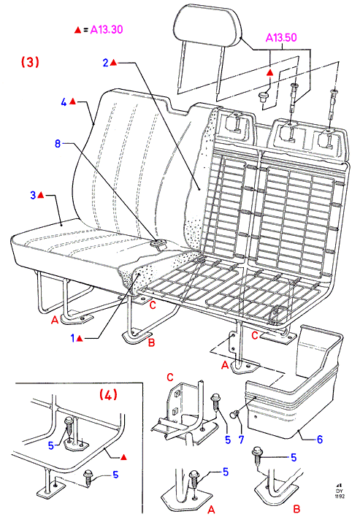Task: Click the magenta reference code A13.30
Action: (x=107, y=29)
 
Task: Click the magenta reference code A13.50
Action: (x=281, y=37)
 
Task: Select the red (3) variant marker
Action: (x=30, y=62)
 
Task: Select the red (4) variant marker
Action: (x=108, y=394)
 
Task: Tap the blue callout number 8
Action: (x=58, y=144)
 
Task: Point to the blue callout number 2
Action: (x=106, y=63)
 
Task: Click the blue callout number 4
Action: (x=64, y=102)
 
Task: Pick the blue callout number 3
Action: (x=33, y=195)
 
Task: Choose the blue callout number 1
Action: (x=73, y=338)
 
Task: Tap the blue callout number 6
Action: (x=320, y=440)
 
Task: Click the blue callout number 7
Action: (x=242, y=440)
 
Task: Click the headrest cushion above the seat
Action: (x=207, y=26)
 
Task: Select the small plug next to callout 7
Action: (x=234, y=415)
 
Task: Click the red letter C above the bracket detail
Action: (x=170, y=378)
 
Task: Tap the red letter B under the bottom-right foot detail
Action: (x=296, y=509)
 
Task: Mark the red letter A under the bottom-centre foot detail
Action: (x=211, y=510)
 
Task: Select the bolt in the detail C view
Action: (x=215, y=404)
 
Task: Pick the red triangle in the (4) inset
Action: (x=123, y=457)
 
